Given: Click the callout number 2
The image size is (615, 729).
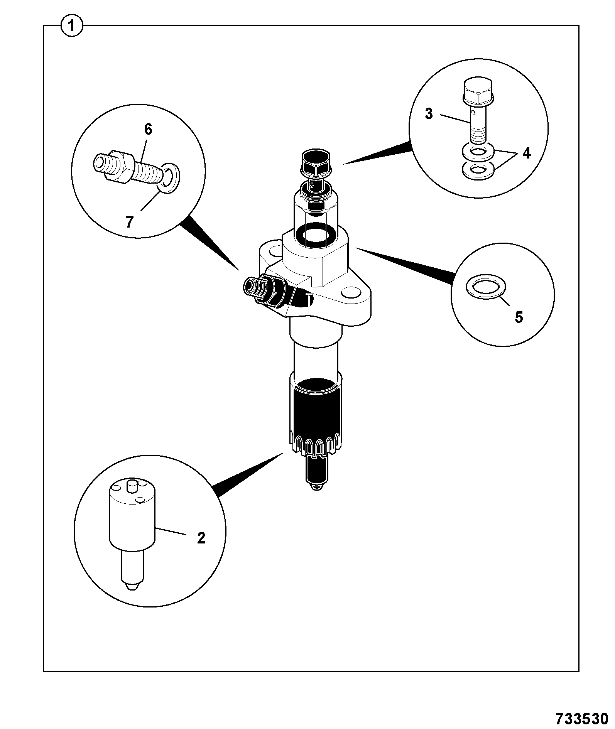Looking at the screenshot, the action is pos(201,537).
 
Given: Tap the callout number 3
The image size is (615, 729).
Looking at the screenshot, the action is pos(429,114).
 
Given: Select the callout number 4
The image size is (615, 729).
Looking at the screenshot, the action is pos(526,154).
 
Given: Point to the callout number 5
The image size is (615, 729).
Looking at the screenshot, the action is pos(519,317).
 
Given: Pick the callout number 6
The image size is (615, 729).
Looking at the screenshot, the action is pos(148,129).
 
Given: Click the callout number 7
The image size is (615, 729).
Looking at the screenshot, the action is pos(129,222).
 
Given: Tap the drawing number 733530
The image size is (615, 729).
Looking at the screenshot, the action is pos(582,718).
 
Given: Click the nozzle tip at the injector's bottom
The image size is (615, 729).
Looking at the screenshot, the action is pos(317,474).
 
